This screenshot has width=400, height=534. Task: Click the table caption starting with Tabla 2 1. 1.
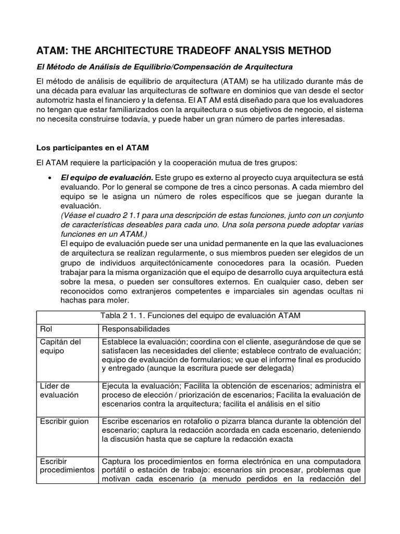click(201, 316)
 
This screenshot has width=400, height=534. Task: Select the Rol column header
click(46, 330)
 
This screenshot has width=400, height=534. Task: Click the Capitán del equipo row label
click(60, 346)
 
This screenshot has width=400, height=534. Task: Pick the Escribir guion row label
click(64, 421)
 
